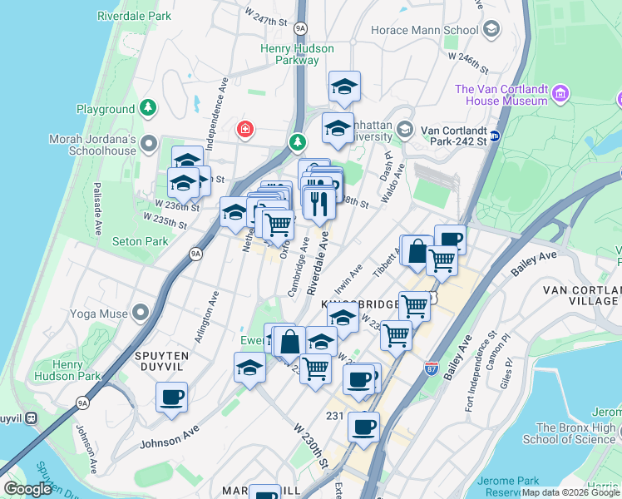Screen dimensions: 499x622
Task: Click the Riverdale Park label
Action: click(134, 16)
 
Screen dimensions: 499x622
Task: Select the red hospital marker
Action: click(244, 129)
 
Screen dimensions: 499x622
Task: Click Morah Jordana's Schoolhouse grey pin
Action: click(150, 145)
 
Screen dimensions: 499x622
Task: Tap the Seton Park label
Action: click(141, 241)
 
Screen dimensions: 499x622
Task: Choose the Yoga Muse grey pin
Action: click(141, 314)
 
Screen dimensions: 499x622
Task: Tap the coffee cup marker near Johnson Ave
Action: click(171, 398)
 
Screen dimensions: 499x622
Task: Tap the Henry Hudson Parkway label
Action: click(297, 54)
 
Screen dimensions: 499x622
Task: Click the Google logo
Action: click(27, 489)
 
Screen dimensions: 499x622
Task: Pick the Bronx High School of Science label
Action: click(570, 433)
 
